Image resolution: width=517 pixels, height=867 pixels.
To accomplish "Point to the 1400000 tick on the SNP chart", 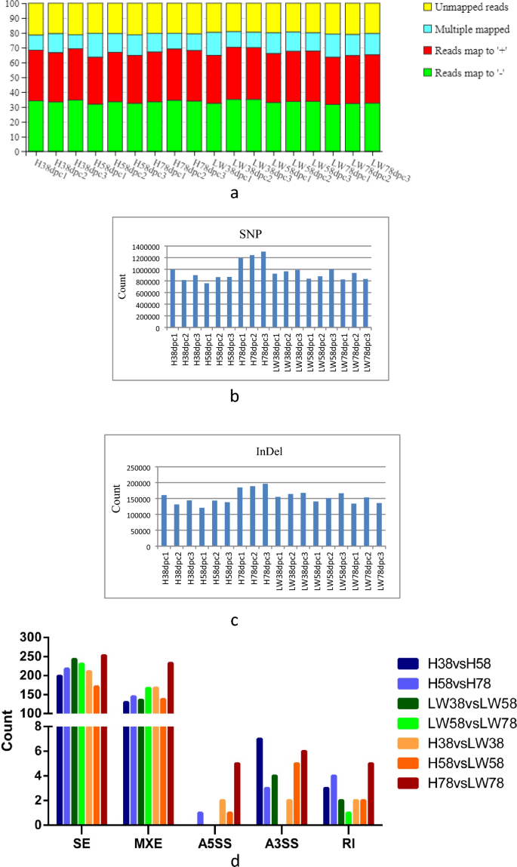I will tap(143, 247).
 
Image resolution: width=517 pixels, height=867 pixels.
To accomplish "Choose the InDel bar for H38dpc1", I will tap(172, 521).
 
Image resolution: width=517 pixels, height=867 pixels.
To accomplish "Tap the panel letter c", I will tap(235, 622).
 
